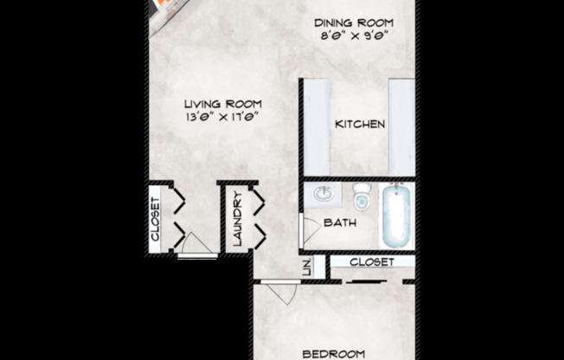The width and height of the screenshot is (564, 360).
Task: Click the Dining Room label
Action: coord(354,22)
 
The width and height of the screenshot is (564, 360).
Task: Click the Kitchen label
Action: coord(360,125)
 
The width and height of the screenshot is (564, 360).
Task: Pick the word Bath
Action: coord(340,223)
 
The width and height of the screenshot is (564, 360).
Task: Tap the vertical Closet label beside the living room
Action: coord(156,219)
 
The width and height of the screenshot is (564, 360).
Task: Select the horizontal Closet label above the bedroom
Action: coord(373,261)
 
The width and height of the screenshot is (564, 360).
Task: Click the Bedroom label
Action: coord(332,353)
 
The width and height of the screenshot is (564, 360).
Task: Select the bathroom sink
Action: coord(323,195)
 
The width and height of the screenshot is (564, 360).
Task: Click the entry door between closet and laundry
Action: coord(196,247)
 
